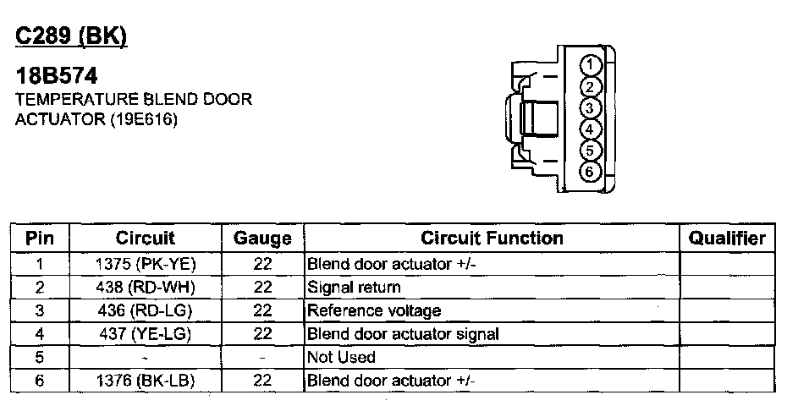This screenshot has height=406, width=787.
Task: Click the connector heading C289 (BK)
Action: click(72, 38)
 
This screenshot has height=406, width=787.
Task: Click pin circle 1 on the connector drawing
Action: click(592, 66)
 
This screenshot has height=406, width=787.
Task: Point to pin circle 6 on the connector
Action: click(592, 172)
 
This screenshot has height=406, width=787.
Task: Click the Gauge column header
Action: click(262, 239)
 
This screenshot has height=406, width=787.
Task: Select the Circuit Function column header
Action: click(492, 239)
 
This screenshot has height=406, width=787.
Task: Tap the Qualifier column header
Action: click(727, 239)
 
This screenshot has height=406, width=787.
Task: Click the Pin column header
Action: click(40, 239)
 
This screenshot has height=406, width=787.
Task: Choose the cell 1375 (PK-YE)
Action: click(146, 264)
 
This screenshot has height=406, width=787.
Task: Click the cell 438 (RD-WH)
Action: click(146, 288)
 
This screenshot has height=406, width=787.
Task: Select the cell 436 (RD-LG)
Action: click(146, 310)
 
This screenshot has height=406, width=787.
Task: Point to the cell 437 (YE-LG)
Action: click(146, 333)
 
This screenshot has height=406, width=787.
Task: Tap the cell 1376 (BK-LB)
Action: click(146, 381)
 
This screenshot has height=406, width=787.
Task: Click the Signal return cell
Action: click(354, 288)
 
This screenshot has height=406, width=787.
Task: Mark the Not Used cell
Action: click(341, 357)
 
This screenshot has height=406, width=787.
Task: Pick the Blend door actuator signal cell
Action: click(403, 333)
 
